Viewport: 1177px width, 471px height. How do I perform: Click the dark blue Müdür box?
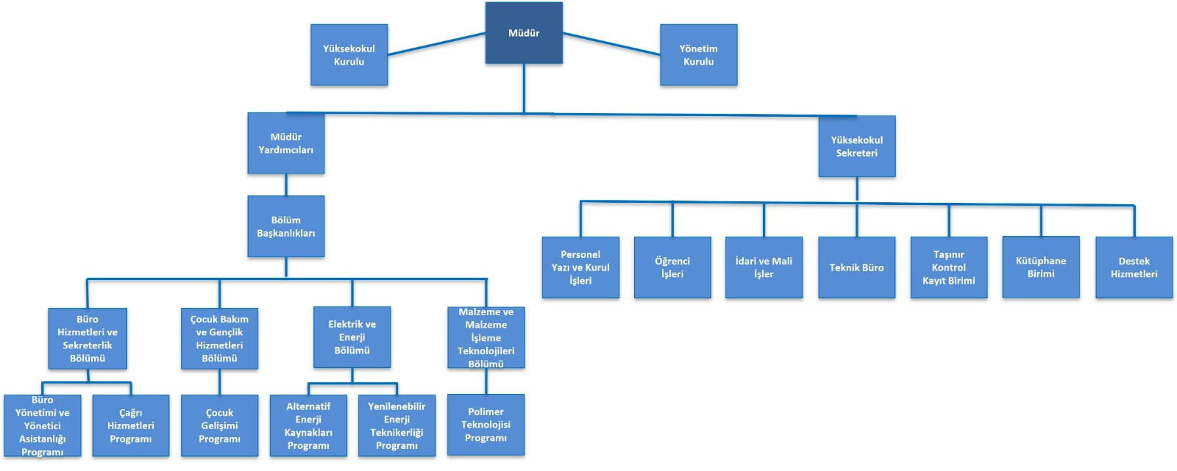[x=524, y=33]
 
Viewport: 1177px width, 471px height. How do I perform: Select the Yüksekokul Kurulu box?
[x=349, y=55]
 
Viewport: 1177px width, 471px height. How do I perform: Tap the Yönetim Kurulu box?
[x=698, y=55]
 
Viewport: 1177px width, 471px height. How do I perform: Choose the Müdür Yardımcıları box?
[x=285, y=143]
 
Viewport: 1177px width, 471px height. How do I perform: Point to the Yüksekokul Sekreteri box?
[x=856, y=146]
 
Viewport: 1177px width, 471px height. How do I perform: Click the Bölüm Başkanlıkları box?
[x=285, y=226]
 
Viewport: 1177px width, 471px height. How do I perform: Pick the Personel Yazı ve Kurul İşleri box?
[x=580, y=267]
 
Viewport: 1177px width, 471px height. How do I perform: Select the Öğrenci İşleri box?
[x=672, y=267]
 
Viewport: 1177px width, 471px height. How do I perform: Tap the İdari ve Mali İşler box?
[x=764, y=267]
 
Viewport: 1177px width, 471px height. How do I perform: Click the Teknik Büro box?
[x=856, y=267]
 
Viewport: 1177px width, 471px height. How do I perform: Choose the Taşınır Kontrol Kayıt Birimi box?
[x=949, y=267]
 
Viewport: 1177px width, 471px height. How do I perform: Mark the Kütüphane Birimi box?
[x=1041, y=267]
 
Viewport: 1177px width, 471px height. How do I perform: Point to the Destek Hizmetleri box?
[x=1134, y=267]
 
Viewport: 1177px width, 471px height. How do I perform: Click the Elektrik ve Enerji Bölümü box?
[x=352, y=337]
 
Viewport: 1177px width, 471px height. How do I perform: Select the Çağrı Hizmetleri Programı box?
[x=131, y=426]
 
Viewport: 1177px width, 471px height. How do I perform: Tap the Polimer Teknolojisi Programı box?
[x=486, y=425]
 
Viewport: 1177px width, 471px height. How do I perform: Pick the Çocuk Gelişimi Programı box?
[x=219, y=426]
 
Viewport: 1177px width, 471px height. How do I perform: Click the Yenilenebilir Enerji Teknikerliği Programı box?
[x=397, y=426]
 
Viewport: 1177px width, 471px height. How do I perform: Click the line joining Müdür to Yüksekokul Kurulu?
[x=436, y=44]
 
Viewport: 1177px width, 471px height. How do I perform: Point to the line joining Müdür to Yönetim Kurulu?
[x=611, y=44]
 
